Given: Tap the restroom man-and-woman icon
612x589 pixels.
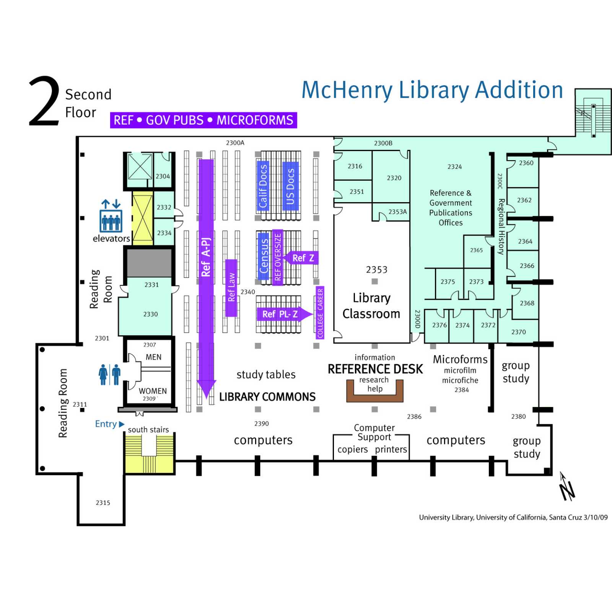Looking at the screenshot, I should [x=109, y=374].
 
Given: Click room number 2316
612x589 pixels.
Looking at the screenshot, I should [x=355, y=166].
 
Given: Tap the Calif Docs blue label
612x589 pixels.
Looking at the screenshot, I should [x=263, y=186].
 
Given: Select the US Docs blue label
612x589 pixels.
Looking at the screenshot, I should [x=290, y=186].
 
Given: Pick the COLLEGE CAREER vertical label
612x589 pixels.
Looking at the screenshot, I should [x=320, y=313].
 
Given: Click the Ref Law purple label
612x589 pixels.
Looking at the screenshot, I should [x=231, y=287].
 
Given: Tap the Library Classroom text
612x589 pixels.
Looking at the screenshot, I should [x=371, y=306].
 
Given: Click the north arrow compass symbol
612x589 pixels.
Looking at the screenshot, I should [x=566, y=487].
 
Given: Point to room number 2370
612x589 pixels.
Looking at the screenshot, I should [x=518, y=332].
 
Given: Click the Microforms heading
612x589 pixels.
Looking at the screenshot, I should [x=460, y=359].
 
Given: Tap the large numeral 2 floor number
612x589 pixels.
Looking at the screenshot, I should [x=44, y=101].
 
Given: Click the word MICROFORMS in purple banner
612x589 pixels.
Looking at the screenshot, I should [x=255, y=120].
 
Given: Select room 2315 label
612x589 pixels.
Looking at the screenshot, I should [x=103, y=503].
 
